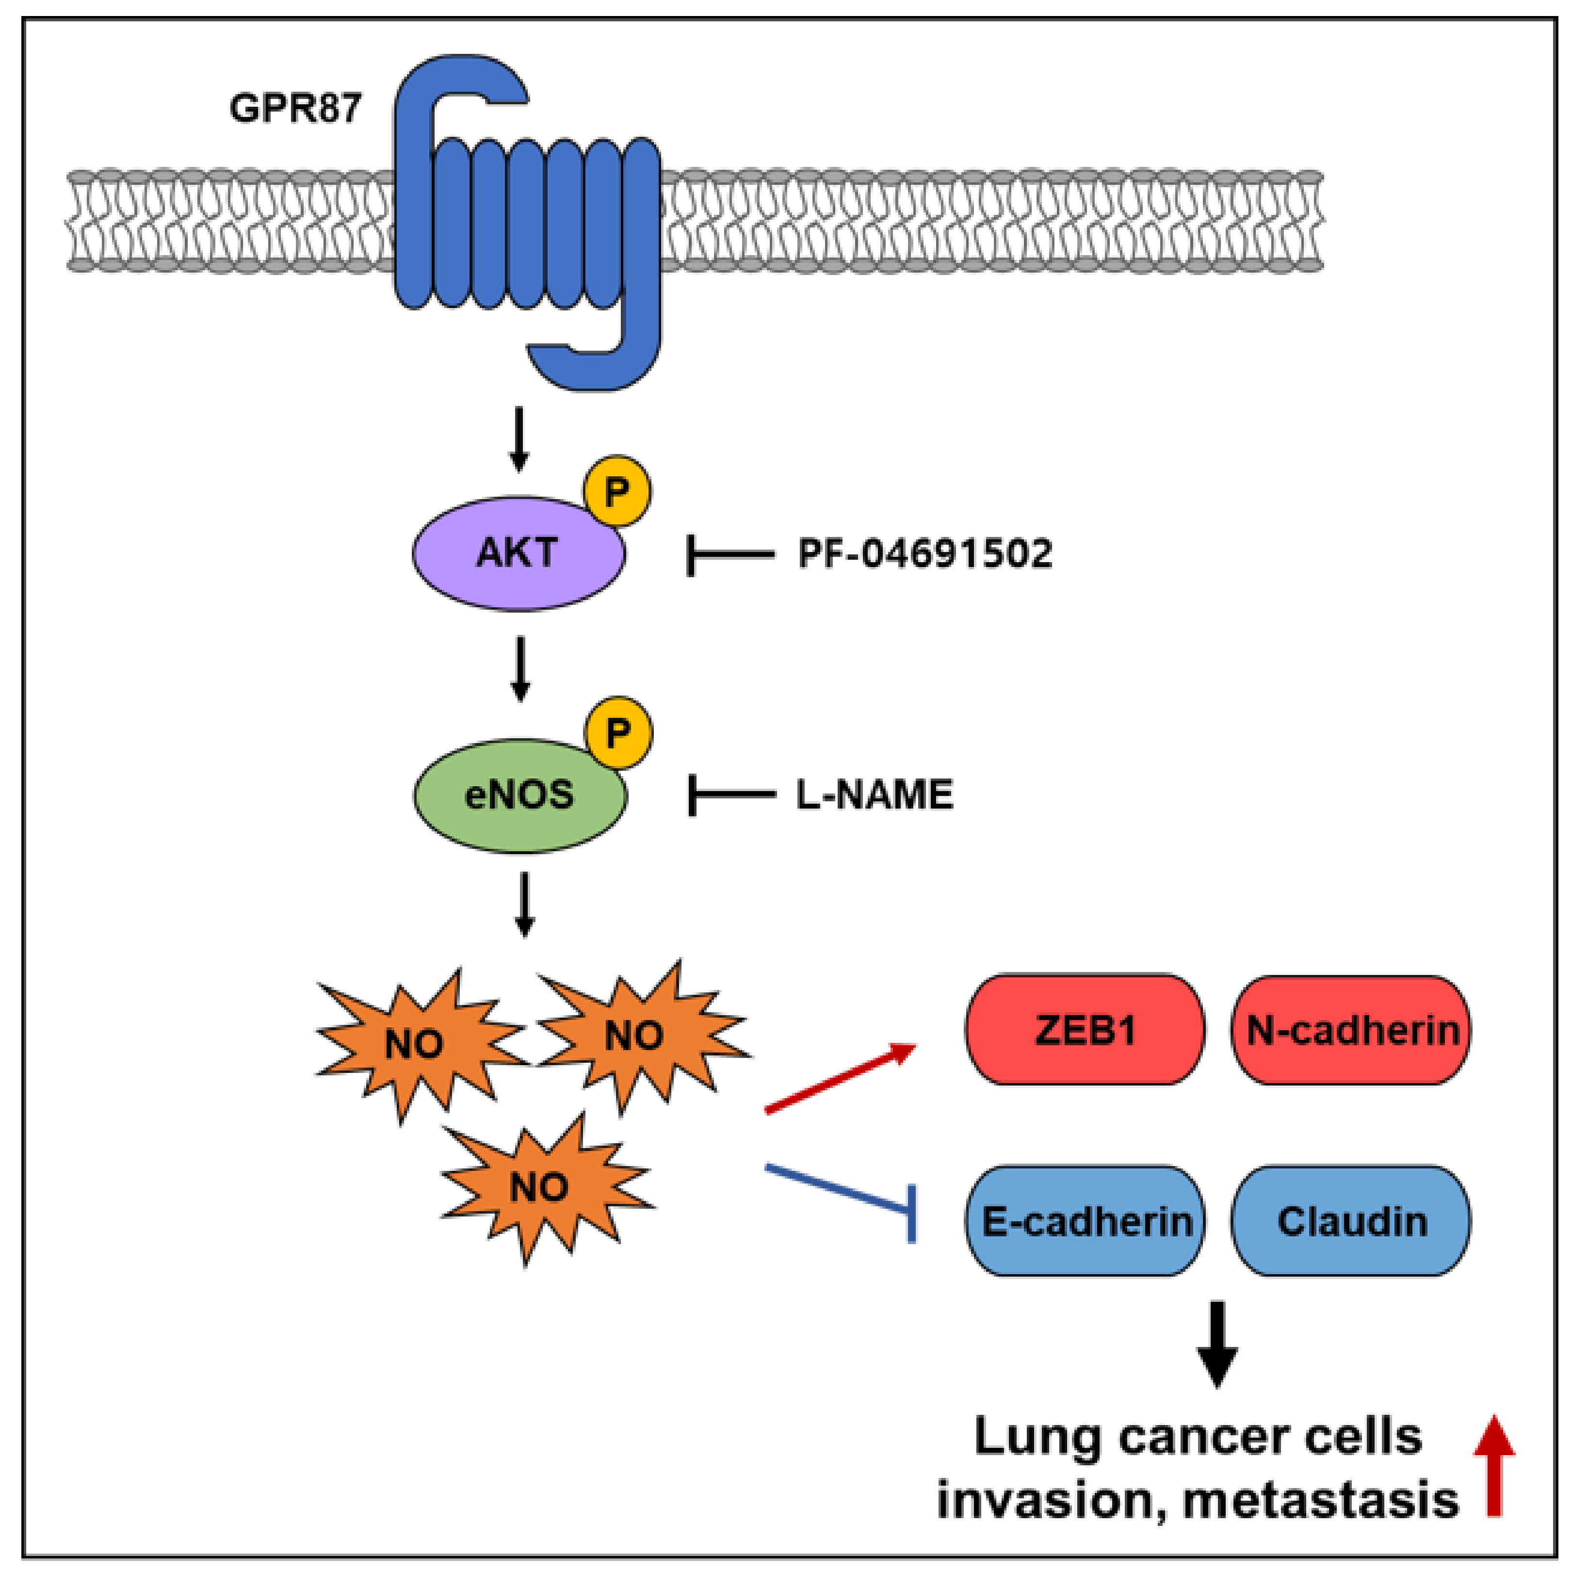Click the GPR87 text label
tap(294, 108)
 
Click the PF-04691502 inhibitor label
tap(925, 554)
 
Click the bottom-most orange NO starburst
tap(541, 1188)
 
